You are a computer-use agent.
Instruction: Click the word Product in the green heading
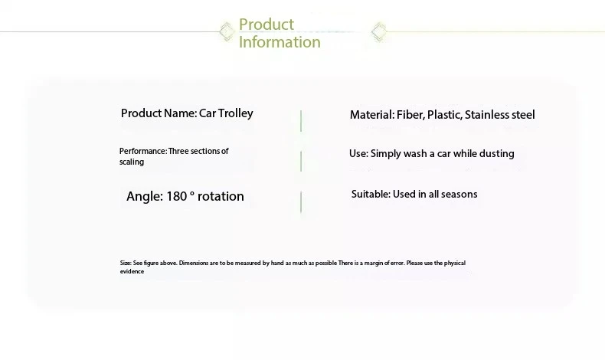(x=267, y=25)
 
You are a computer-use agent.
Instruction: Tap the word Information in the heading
(x=280, y=41)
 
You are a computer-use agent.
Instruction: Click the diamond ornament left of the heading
(x=227, y=31)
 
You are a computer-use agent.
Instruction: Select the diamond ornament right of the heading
(x=379, y=31)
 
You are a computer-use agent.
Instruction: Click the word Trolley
(x=235, y=113)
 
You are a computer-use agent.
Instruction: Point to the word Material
(x=372, y=115)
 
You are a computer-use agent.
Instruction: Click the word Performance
(x=143, y=151)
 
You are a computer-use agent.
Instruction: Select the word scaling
(x=132, y=162)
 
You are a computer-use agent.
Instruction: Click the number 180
(x=177, y=196)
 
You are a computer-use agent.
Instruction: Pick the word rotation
(x=221, y=196)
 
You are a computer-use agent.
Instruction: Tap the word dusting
(x=496, y=154)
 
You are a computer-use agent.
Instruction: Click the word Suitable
(x=371, y=194)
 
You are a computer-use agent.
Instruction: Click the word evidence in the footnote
(x=132, y=272)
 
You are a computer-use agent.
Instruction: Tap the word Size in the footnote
(x=126, y=263)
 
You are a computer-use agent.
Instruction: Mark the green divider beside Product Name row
(x=301, y=121)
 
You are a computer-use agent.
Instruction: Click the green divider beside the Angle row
(x=301, y=201)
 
